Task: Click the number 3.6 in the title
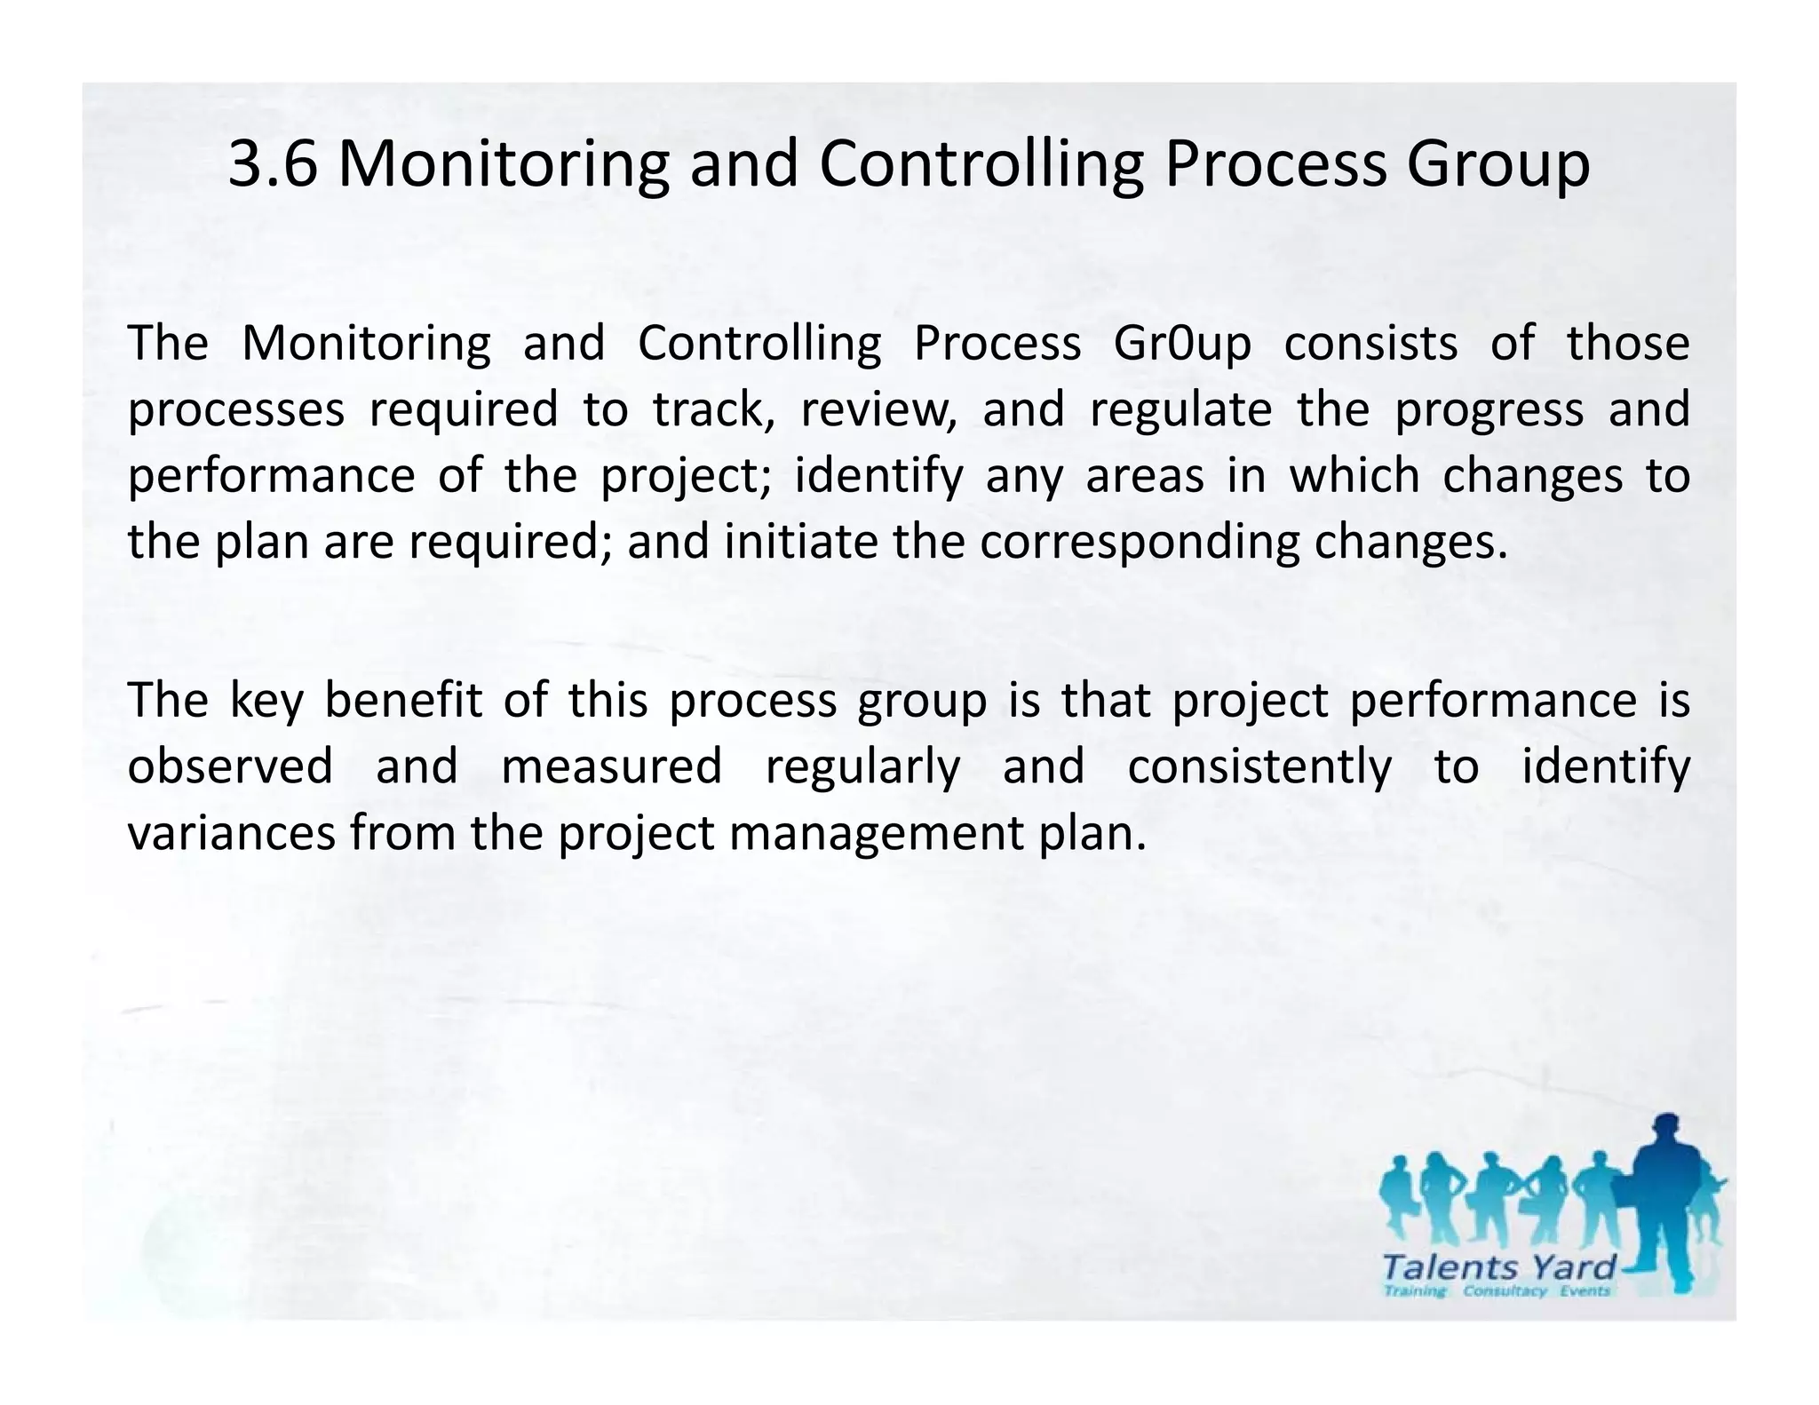(273, 164)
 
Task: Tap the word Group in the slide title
(1497, 166)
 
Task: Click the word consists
(1370, 344)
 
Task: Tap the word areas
(1145, 477)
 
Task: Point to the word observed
(230, 766)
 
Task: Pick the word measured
(612, 766)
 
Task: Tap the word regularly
(862, 768)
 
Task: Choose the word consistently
(1259, 766)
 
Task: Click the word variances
(231, 833)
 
